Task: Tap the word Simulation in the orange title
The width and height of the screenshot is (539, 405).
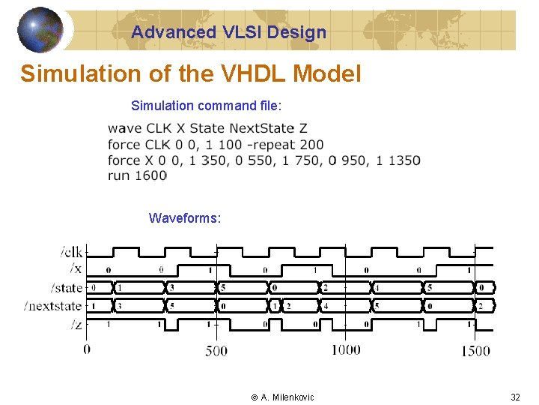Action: pyautogui.click(x=68, y=74)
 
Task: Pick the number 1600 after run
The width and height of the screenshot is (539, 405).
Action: pyautogui.click(x=151, y=175)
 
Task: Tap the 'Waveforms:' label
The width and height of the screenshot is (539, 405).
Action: pyautogui.click(x=185, y=218)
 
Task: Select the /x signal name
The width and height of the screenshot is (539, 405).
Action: pyautogui.click(x=76, y=268)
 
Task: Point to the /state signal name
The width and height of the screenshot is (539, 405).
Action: pyautogui.click(x=66, y=287)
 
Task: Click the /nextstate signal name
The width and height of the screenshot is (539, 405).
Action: pyautogui.click(x=52, y=305)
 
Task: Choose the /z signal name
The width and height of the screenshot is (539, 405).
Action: pyautogui.click(x=76, y=324)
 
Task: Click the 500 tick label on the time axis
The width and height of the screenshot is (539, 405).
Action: pyautogui.click(x=216, y=350)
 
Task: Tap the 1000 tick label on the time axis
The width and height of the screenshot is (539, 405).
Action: pyautogui.click(x=345, y=349)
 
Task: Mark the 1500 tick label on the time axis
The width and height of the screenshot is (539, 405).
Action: pyautogui.click(x=475, y=350)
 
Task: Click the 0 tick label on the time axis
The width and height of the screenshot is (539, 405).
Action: pyautogui.click(x=87, y=349)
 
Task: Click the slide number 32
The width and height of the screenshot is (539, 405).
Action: pyautogui.click(x=515, y=397)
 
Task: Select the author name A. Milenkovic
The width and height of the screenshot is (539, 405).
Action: pyautogui.click(x=287, y=397)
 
